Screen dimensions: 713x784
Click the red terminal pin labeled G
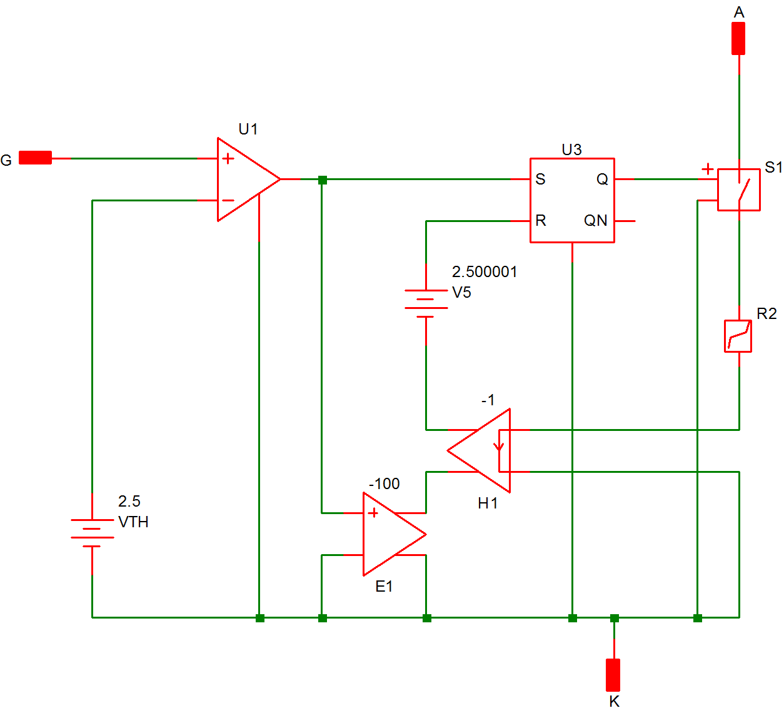35,158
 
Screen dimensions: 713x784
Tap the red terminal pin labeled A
738,39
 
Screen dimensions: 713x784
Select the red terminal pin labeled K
613,675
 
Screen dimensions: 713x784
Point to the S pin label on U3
541,180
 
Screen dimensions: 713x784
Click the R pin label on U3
541,221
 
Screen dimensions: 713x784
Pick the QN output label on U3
595,221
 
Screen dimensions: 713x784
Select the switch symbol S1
738,190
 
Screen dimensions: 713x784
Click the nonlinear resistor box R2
738,336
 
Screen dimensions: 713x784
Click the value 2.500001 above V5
485,272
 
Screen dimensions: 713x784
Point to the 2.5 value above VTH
129,502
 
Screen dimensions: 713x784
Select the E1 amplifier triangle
391,534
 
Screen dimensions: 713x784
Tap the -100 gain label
384,484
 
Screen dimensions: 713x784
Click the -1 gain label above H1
488,400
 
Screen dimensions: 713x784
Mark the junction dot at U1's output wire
323,180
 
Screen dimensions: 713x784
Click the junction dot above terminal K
615,618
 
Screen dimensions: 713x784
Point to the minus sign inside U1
228,201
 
